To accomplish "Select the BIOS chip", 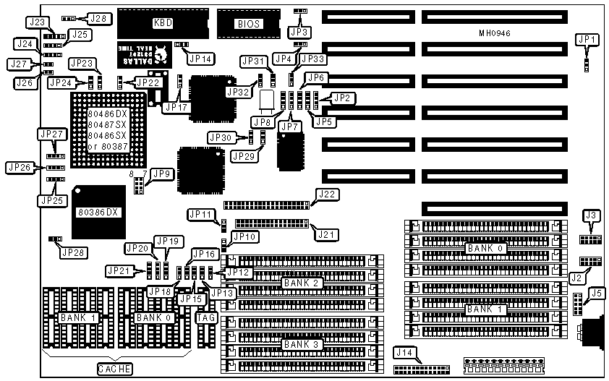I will [247, 23].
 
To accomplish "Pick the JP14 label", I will [199, 59].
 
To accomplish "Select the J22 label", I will [327, 194].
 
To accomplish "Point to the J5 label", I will [596, 293].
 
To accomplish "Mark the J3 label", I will [592, 215].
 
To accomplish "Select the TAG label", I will [205, 317].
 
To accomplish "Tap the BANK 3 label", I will [299, 344].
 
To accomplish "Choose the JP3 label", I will [299, 31].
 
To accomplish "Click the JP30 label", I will [221, 137].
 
